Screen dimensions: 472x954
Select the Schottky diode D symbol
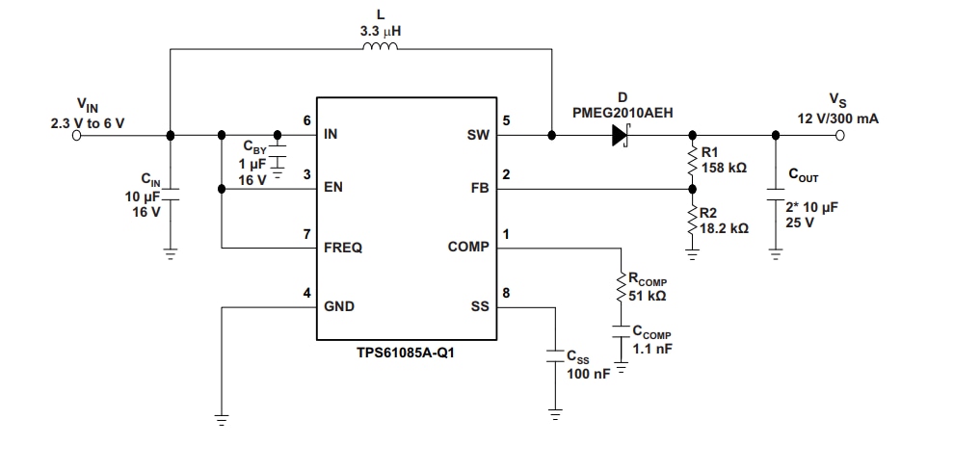pos(621,136)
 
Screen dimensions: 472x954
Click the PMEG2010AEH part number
pos(623,113)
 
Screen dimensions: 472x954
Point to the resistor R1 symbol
pos(692,161)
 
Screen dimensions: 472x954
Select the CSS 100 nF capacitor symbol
pos(555,354)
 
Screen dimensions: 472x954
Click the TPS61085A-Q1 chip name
pos(408,353)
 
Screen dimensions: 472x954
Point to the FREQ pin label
pos(343,248)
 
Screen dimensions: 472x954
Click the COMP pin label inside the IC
pos(468,248)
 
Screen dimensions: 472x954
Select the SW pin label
pos(479,136)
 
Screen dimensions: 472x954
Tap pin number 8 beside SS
pos(506,293)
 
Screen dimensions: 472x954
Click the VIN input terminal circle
pos(77,136)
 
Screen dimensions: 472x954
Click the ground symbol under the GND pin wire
pos(222,419)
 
